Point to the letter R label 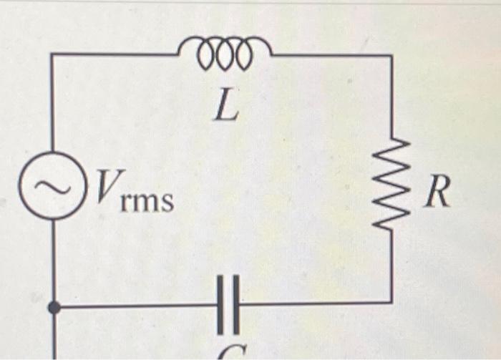(437, 193)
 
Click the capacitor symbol (228, 306)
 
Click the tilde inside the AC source (50, 188)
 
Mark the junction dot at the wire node (53, 307)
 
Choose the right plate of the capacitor (236, 306)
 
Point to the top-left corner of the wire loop (52, 54)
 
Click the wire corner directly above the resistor (391, 55)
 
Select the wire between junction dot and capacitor (136, 306)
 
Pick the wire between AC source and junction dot (53, 258)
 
